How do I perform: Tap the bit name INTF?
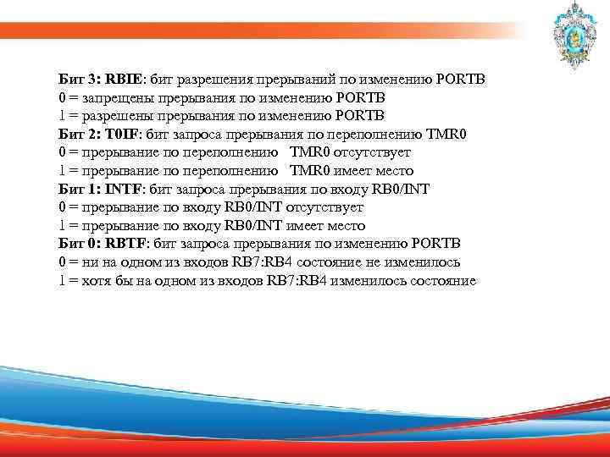(124, 189)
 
